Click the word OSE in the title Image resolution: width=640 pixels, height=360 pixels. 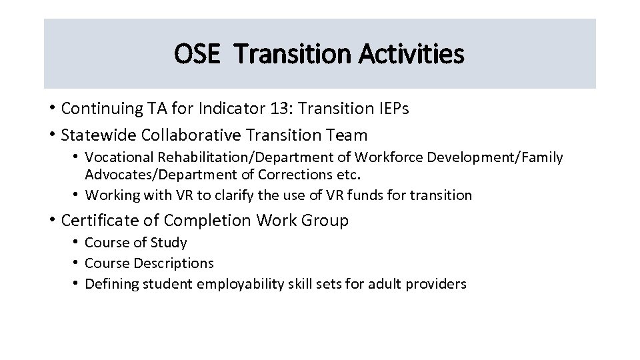[x=197, y=54]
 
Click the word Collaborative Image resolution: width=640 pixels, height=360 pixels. [x=191, y=135]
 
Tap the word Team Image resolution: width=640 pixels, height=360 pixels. [x=347, y=135]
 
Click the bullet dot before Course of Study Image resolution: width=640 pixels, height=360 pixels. [x=77, y=243]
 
